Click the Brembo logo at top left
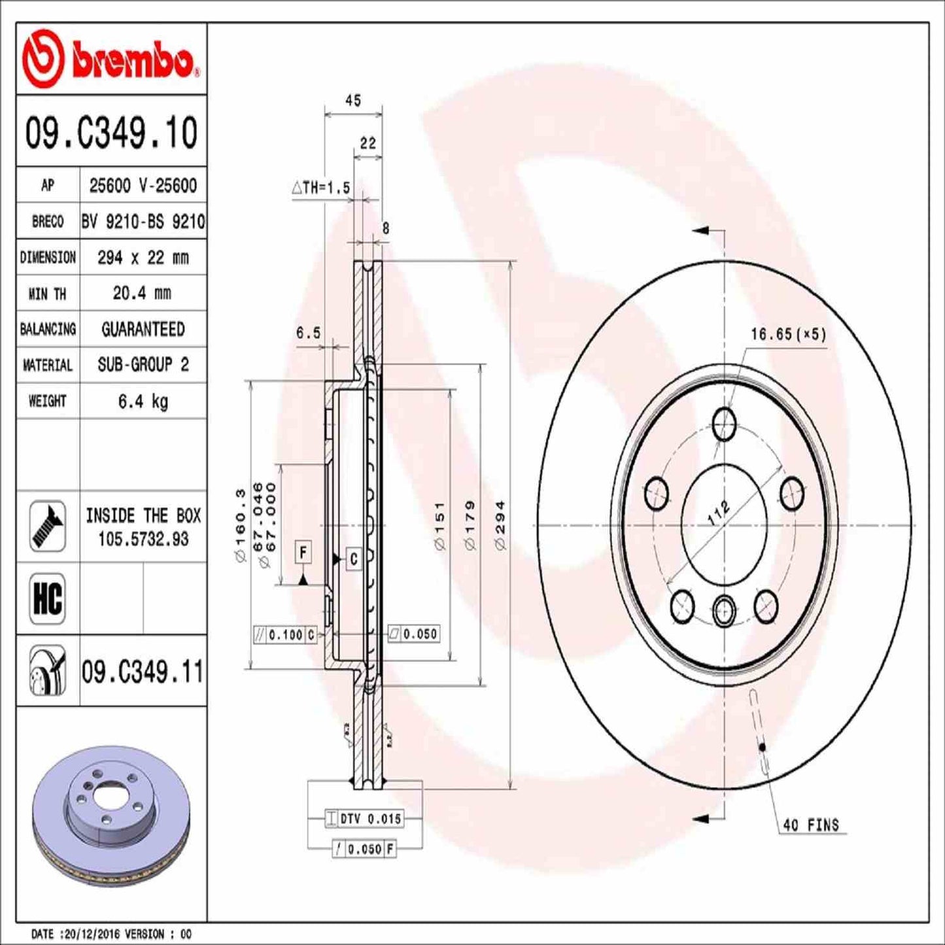pos(110,60)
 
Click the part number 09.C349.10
pos(111,133)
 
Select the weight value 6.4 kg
pos(143,401)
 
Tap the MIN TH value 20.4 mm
pos(143,293)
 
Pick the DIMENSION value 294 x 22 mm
pos(143,258)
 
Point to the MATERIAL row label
pos(47,365)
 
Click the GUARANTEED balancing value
pos(143,329)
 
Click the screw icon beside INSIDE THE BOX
pos(48,526)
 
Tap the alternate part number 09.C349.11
pos(143,672)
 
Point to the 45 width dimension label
pos(353,101)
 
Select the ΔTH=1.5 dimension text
pos(321,188)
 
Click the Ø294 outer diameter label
pos(500,524)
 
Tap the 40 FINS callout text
pos(810,825)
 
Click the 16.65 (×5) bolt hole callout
pos(788,334)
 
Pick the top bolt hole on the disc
pos(724,424)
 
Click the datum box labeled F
pos(303,553)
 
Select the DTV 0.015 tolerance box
pos(364,818)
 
